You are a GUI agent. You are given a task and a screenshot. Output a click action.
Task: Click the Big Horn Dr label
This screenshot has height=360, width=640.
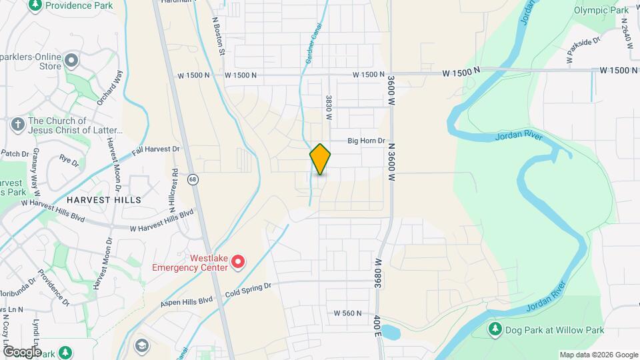click(366, 141)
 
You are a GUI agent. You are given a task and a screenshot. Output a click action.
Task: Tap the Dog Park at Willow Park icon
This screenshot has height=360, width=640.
click(495, 329)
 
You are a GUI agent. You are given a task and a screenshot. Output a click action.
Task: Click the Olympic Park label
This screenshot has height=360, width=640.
click(601, 10)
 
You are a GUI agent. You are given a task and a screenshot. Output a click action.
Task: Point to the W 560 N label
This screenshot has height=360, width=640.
click(347, 313)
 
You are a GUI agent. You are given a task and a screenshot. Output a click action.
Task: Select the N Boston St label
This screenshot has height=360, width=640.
click(219, 37)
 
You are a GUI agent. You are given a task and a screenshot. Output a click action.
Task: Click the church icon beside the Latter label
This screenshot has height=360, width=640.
click(18, 125)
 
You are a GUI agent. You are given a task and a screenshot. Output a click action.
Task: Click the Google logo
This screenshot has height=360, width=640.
click(21, 351)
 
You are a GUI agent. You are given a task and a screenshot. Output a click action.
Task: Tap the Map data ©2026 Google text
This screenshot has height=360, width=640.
click(598, 355)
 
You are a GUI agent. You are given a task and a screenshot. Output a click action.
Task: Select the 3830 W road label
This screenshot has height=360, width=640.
click(329, 107)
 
